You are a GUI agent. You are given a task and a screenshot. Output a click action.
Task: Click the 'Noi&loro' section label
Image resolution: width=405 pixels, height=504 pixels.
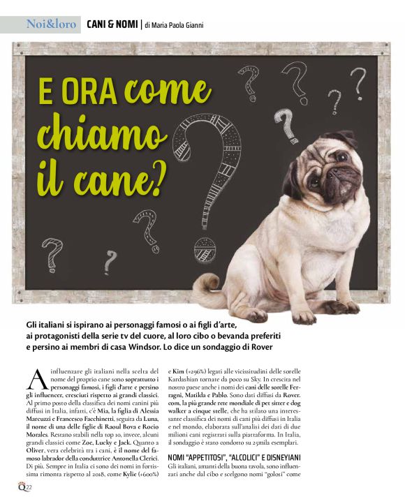point(51,24)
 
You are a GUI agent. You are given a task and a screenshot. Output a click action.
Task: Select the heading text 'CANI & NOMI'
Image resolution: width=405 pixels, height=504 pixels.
point(111,25)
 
